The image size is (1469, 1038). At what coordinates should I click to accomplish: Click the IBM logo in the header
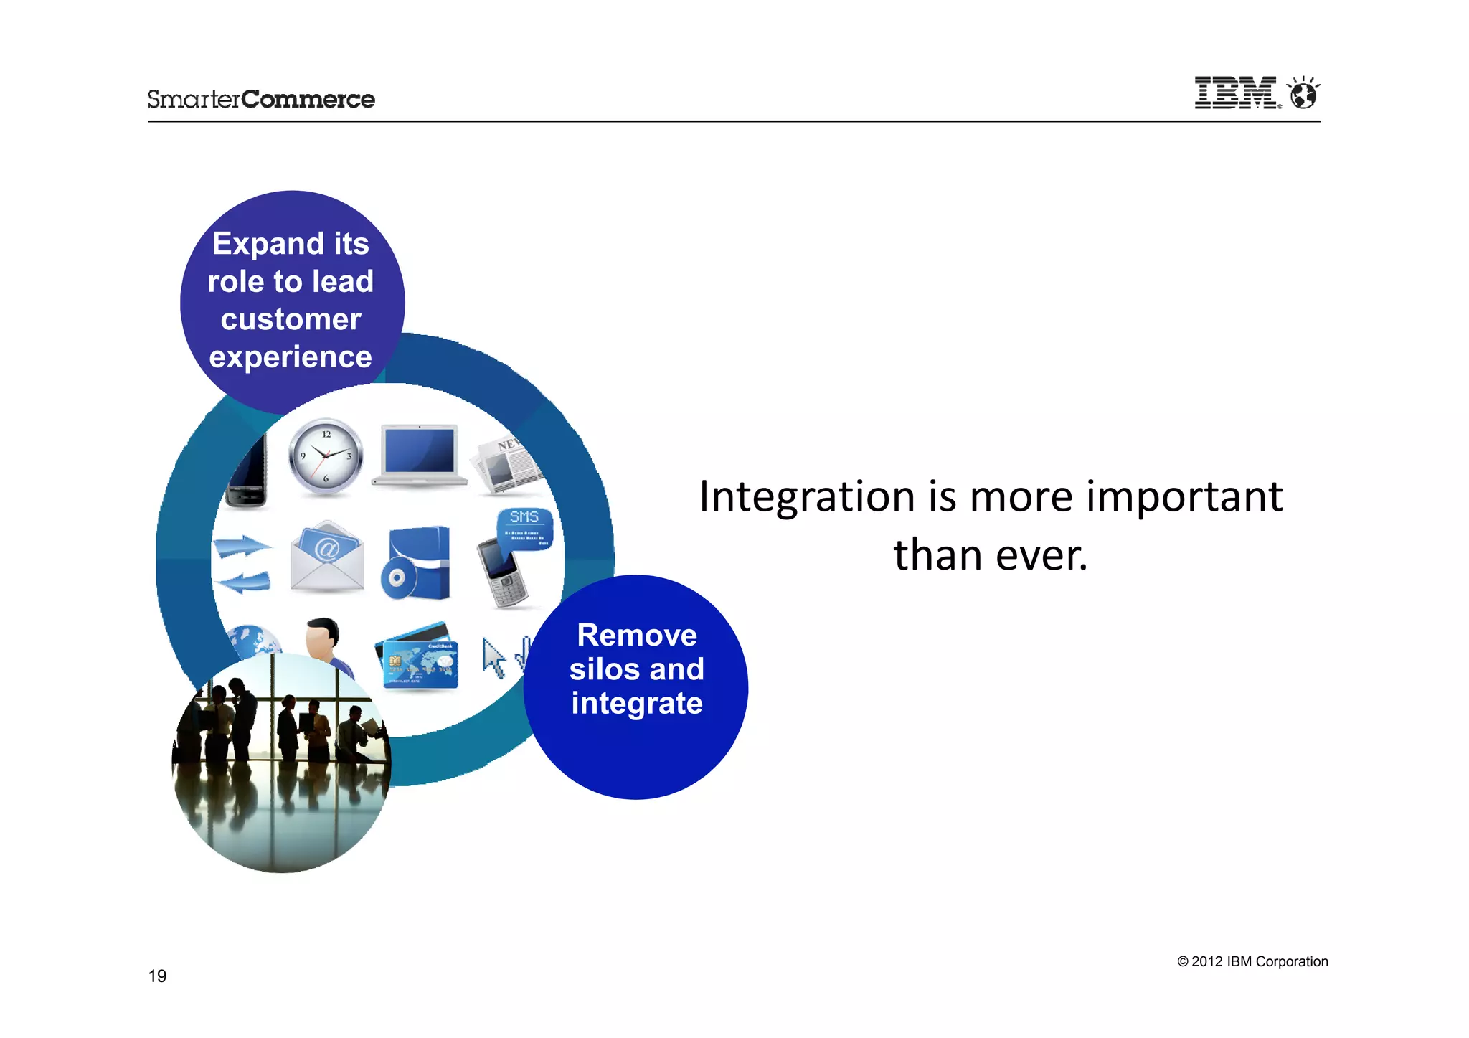pyautogui.click(x=1235, y=93)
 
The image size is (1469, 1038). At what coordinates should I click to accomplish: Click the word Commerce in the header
pyautogui.click(x=308, y=99)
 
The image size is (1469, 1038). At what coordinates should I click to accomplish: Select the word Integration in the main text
pyautogui.click(x=807, y=496)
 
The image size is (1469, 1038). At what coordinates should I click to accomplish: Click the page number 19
pyautogui.click(x=157, y=976)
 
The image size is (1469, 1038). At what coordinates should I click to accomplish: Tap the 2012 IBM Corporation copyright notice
pyautogui.click(x=1252, y=961)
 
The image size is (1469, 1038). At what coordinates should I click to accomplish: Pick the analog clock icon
pyautogui.click(x=326, y=457)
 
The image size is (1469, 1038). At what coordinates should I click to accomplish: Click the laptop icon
pyautogui.click(x=420, y=455)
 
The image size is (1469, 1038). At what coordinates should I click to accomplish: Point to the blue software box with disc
pyautogui.click(x=417, y=564)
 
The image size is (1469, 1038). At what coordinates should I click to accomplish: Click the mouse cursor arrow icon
pyautogui.click(x=493, y=657)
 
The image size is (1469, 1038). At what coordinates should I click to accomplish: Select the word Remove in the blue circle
pyautogui.click(x=636, y=635)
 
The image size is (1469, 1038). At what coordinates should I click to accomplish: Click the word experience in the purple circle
pyautogui.click(x=291, y=357)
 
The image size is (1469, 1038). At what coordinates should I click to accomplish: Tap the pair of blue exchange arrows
pyautogui.click(x=243, y=564)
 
